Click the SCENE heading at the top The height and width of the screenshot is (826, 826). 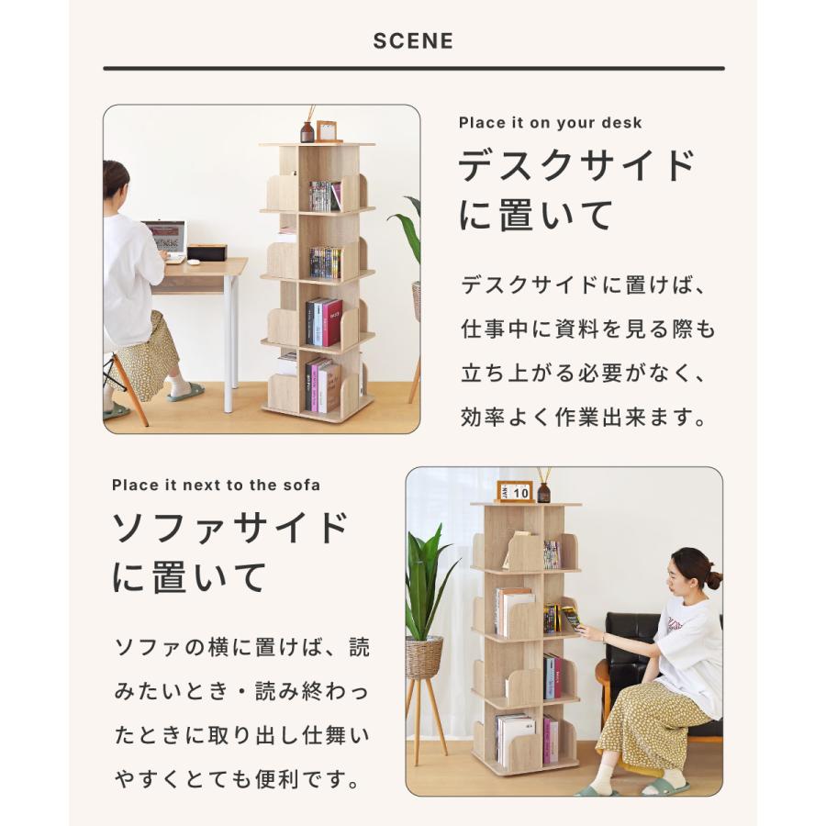[413, 41]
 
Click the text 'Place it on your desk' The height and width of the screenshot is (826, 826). [550, 123]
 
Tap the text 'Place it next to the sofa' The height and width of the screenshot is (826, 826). [217, 485]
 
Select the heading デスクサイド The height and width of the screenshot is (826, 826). [577, 166]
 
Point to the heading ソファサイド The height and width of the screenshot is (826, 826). [230, 529]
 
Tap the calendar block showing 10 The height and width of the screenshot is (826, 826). [515, 492]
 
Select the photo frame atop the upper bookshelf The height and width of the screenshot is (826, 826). [327, 131]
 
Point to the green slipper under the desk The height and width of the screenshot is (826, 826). [185, 393]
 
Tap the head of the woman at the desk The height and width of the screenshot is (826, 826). [116, 180]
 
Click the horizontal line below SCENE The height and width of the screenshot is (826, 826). [413, 68]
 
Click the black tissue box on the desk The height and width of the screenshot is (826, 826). [206, 252]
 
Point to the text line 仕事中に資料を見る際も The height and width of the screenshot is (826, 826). [587, 329]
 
